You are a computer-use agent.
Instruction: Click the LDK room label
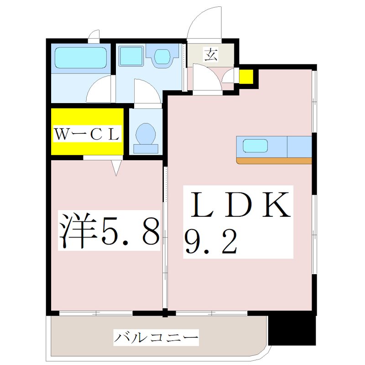coord(237,205)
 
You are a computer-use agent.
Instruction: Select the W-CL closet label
coord(87,134)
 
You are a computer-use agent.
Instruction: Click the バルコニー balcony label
coord(156,339)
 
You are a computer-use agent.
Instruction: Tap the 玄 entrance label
coord(210,55)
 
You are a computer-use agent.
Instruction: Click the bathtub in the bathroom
coord(80,58)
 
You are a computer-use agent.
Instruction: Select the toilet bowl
coord(146,134)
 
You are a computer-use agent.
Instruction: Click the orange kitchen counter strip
coord(274,160)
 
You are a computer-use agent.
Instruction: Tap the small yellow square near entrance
coord(246,77)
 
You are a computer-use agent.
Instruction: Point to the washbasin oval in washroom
coord(162,57)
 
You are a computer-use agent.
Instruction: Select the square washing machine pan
coord(131,57)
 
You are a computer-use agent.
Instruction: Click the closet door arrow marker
coord(116,168)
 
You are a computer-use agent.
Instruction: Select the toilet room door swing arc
coord(147,91)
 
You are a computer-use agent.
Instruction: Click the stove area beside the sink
coord(299,146)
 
